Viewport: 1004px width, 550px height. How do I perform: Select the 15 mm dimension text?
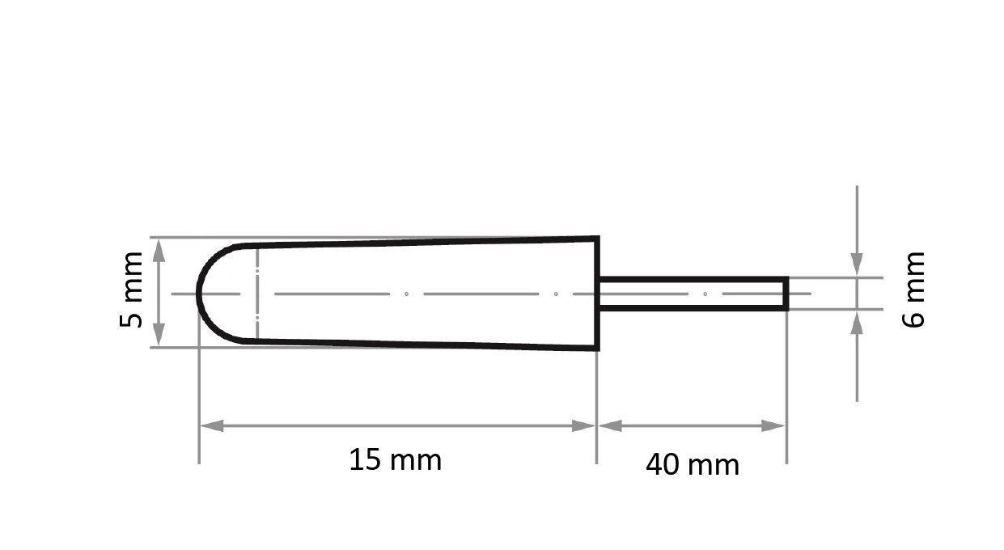click(x=395, y=460)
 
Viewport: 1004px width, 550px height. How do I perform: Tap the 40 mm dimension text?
click(x=692, y=465)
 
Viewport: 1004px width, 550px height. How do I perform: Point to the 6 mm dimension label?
click(x=913, y=290)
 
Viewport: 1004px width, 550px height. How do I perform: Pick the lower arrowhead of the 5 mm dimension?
click(x=159, y=336)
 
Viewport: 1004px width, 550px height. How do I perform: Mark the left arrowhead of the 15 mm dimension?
click(x=211, y=425)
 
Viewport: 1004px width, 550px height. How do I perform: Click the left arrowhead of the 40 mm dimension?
click(x=609, y=425)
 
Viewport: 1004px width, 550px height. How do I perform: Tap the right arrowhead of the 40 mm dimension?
click(x=774, y=425)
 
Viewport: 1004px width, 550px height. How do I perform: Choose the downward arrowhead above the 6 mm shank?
click(x=857, y=265)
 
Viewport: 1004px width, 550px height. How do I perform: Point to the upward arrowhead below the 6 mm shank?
click(x=857, y=321)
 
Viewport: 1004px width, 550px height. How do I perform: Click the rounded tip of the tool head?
click(x=200, y=293)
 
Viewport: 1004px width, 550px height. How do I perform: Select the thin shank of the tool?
click(x=692, y=293)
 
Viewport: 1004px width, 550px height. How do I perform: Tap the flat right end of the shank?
click(x=786, y=293)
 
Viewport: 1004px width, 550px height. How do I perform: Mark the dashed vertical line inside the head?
click(x=256, y=293)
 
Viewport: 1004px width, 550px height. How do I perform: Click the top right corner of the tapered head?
click(x=597, y=238)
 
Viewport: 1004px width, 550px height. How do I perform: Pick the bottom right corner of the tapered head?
click(x=597, y=349)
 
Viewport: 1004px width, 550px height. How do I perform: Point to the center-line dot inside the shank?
click(x=705, y=294)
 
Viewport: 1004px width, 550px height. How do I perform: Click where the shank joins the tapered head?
click(x=599, y=293)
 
